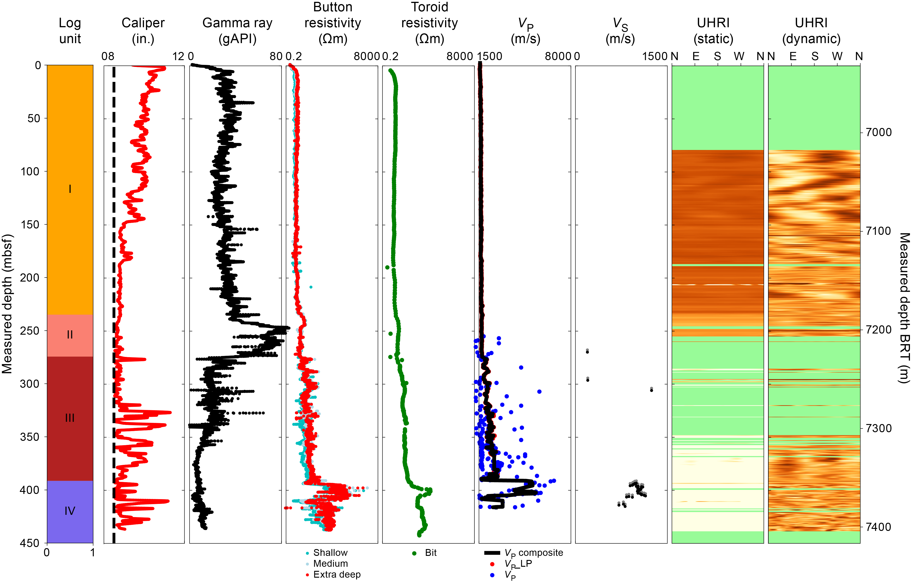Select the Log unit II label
pos(70,334)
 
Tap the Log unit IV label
pos(70,511)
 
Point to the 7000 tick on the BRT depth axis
pos(878,132)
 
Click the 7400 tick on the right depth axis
pos(878,527)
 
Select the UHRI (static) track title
pos(713,31)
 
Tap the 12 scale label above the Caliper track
pos(178,56)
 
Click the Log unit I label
pos(70,189)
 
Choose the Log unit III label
pos(70,418)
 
